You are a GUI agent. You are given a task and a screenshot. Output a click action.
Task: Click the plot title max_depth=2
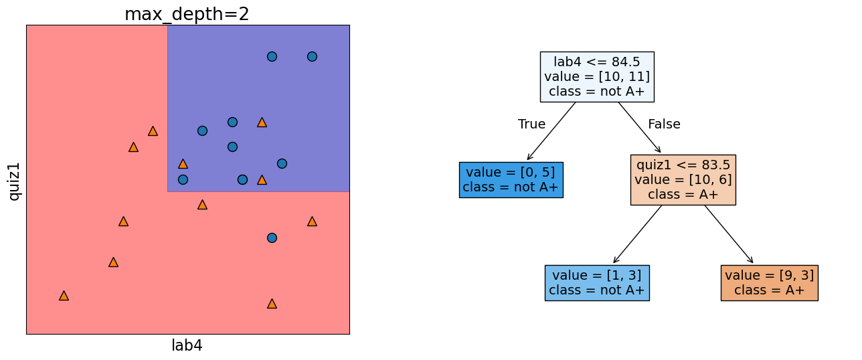pos(187,14)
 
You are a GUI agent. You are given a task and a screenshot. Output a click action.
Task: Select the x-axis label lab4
pos(187,346)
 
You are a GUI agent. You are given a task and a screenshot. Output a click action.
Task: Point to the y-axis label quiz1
pos(14,181)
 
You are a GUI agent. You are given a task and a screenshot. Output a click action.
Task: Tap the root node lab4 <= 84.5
pos(596,76)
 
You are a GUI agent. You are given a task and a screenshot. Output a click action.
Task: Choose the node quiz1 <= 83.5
pos(683,180)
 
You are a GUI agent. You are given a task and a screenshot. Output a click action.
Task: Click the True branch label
pos(531,124)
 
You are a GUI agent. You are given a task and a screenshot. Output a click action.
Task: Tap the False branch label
pos(664,124)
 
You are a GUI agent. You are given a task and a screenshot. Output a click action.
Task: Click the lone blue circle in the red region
pos(272,238)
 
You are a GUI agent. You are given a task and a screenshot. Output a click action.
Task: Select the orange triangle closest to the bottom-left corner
pos(64,295)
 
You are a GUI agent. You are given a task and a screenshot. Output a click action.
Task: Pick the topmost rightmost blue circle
pos(312,56)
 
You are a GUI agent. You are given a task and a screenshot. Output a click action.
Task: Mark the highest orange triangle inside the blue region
pos(262,122)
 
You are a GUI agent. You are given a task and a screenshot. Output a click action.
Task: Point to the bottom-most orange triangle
pos(272,303)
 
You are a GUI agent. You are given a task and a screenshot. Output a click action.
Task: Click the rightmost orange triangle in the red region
pos(312,221)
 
